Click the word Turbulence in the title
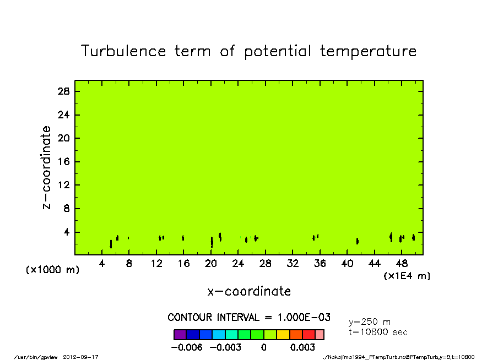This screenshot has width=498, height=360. tap(123, 51)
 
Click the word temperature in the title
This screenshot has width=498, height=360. tap(368, 51)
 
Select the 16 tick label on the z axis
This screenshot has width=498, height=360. tap(63, 162)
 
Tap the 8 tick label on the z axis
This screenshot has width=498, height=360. tap(66, 209)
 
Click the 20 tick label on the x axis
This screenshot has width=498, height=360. tap(211, 264)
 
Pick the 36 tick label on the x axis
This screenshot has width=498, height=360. tap(320, 264)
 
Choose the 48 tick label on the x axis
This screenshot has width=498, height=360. tap(402, 264)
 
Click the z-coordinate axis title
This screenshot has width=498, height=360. tap(46, 168)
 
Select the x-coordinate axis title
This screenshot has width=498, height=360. tap(249, 291)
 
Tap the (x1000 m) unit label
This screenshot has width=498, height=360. tap(52, 270)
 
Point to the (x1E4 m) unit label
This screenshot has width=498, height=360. tap(407, 276)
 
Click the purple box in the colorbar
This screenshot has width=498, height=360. tap(180, 335)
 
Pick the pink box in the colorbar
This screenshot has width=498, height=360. tap(320, 335)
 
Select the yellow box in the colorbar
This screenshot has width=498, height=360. tap(283, 335)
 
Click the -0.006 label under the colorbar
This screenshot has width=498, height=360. tap(187, 347)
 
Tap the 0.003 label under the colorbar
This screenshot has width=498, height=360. tap(302, 347)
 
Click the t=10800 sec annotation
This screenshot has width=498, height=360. tap(378, 332)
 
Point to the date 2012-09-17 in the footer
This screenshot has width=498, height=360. tap(80, 357)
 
